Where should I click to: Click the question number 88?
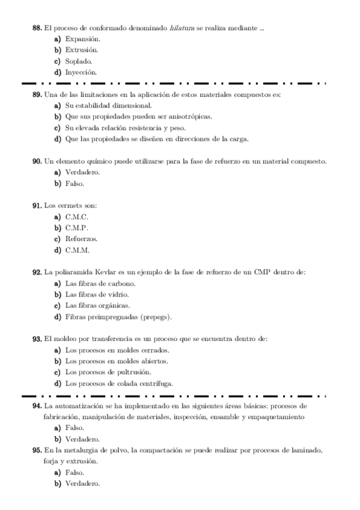pos(37,28)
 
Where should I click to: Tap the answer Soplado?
pos(79,61)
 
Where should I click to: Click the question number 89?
pos(37,95)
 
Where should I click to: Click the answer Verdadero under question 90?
pos(82,173)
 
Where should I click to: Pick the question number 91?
pos(37,206)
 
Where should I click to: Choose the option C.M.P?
pos(76,228)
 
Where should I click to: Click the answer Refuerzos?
pos(81,239)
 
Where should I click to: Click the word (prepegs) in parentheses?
pos(156,316)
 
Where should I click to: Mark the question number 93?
pos(37,339)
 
